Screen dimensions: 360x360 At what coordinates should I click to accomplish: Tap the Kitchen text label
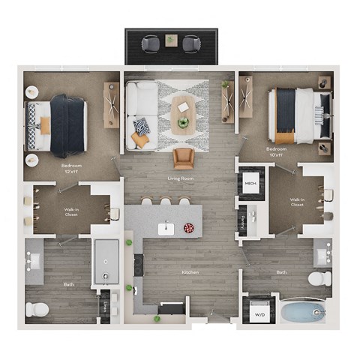pyautogui.click(x=190, y=272)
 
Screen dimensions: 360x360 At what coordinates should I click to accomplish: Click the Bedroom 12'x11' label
pyautogui.click(x=71, y=166)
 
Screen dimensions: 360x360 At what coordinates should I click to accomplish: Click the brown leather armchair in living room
pyautogui.click(x=183, y=157)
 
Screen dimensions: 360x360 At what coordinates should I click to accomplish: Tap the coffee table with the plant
pyautogui.click(x=182, y=113)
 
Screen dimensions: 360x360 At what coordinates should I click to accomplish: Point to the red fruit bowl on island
pyautogui.click(x=188, y=227)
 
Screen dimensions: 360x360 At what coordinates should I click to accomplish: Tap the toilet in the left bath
pyautogui.click(x=37, y=308)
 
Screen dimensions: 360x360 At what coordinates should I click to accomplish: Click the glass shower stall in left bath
pyautogui.click(x=105, y=261)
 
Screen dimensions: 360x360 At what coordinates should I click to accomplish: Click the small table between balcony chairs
pyautogui.click(x=171, y=39)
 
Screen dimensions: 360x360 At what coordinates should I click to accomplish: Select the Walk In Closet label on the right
pyautogui.click(x=297, y=202)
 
